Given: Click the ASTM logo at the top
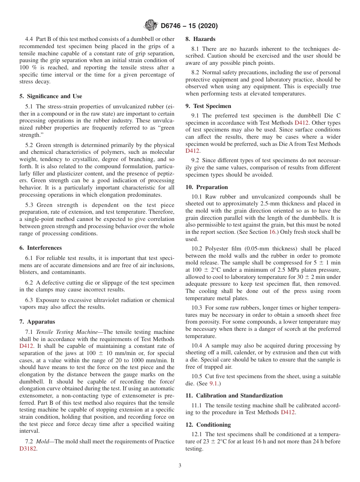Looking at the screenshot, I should (x=151, y=26).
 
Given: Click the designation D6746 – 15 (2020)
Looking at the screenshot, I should (x=189, y=26).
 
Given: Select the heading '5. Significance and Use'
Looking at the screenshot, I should (x=50, y=96).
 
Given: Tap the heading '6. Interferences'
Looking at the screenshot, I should (x=41, y=248).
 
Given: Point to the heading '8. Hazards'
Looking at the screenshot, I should (x=200, y=39).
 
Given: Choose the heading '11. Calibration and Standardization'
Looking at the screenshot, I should (x=234, y=396).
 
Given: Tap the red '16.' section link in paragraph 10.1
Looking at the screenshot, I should (x=272, y=232).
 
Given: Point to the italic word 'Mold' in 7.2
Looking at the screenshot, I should (x=44, y=441).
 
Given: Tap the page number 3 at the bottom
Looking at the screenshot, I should (x=180, y=466).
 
